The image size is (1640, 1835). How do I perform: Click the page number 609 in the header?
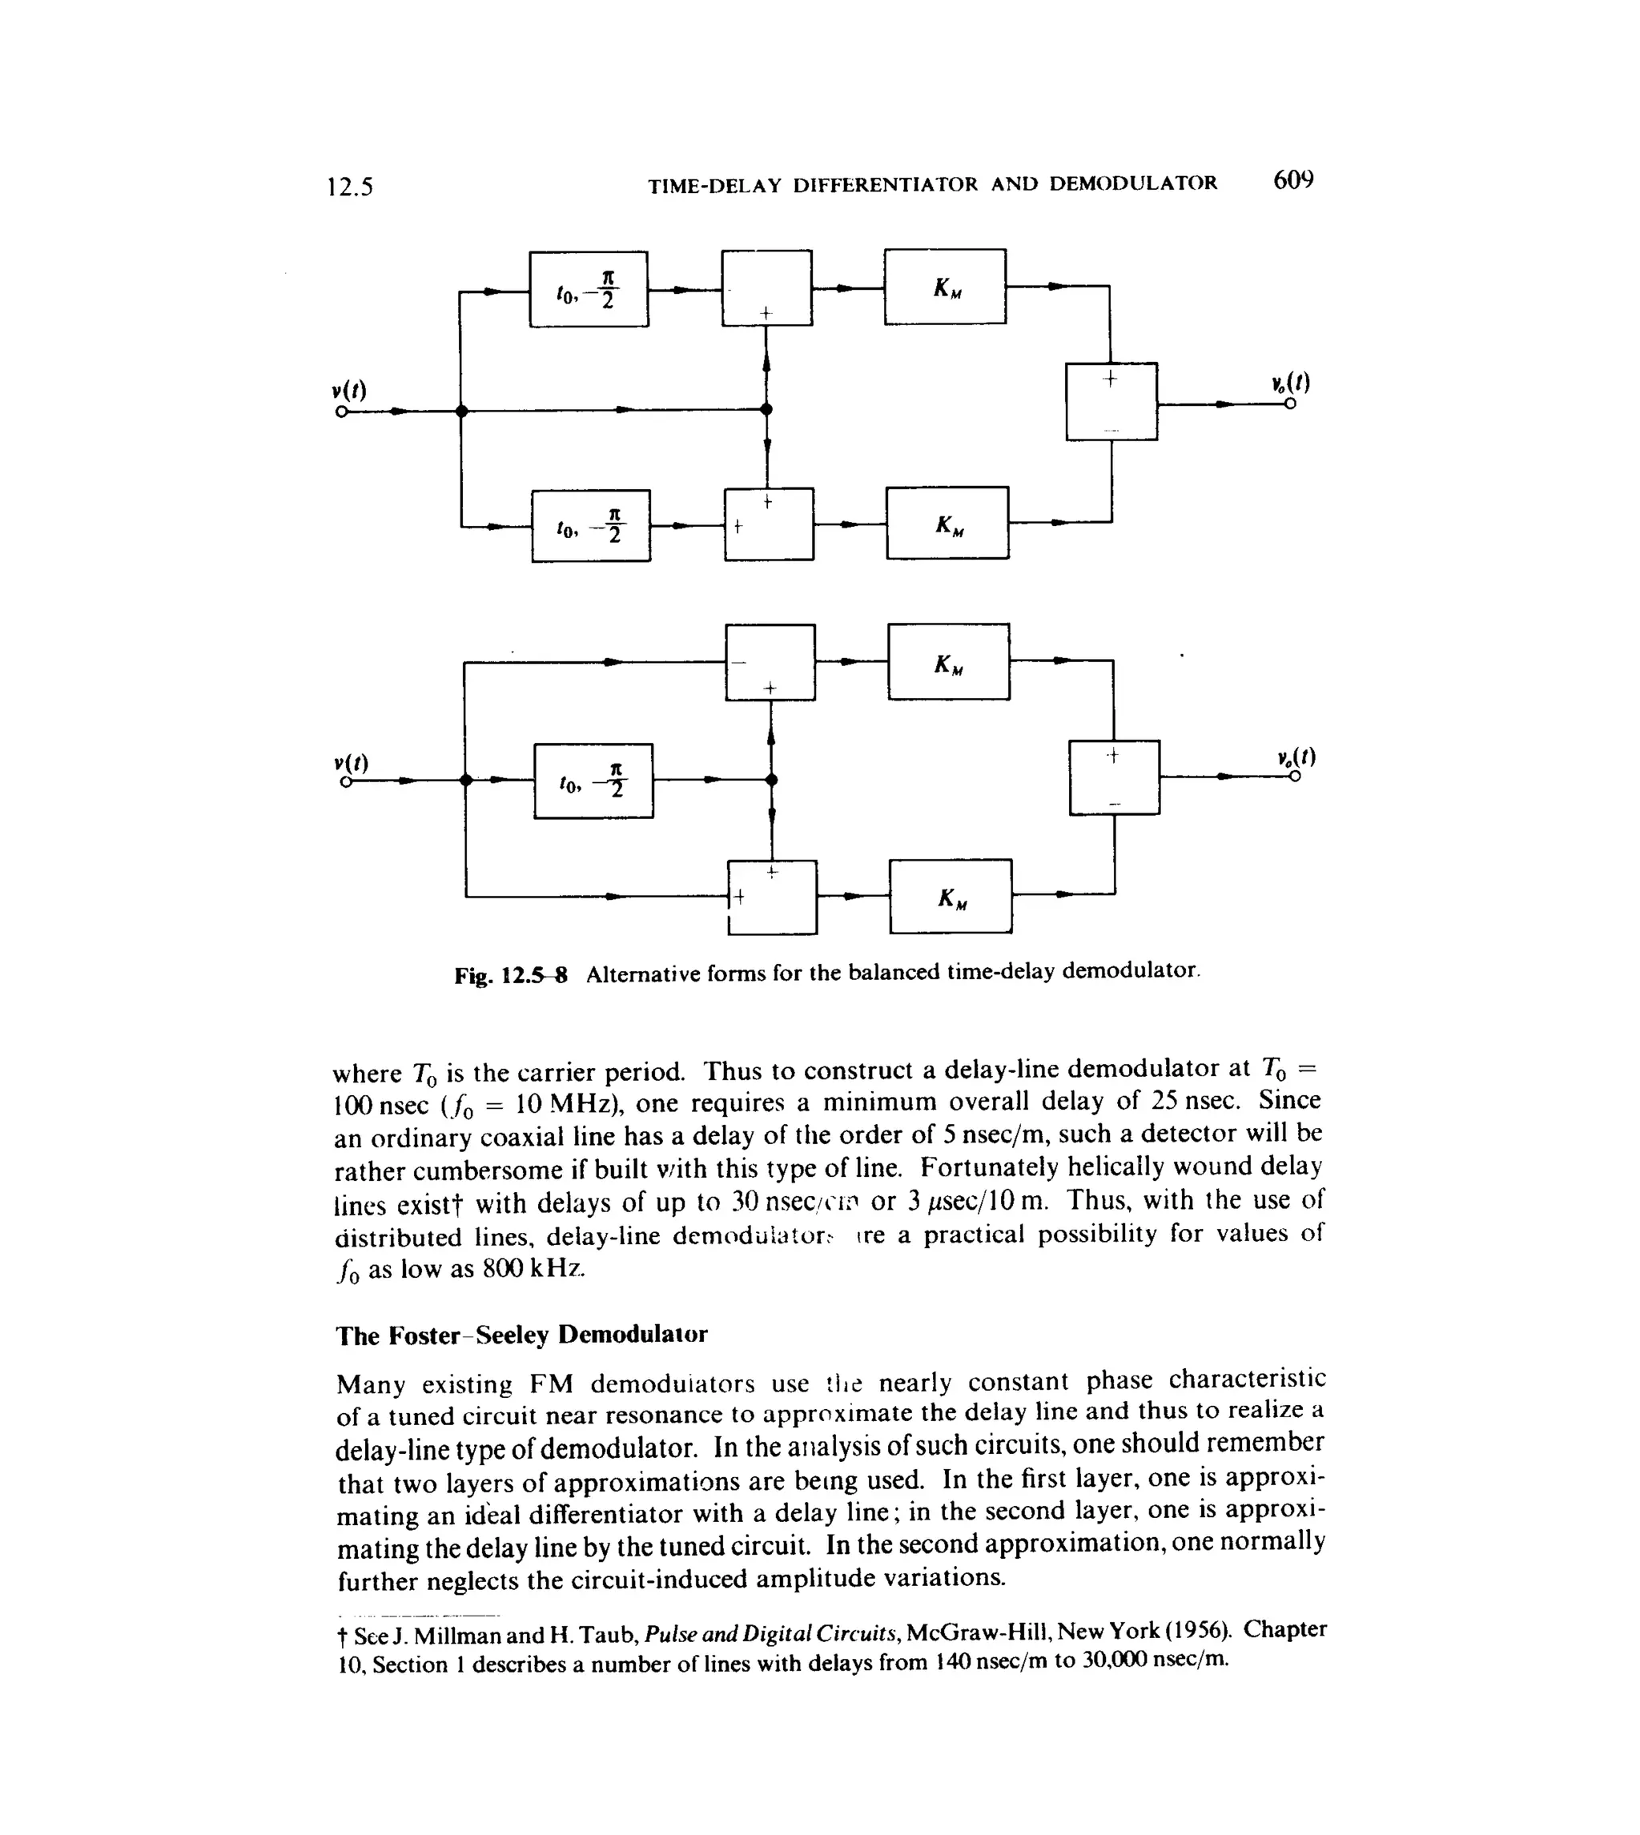tap(1293, 181)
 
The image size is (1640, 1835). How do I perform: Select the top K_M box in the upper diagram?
tap(944, 287)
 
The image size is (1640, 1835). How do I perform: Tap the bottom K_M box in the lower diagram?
tap(950, 897)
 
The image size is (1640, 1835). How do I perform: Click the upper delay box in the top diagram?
tap(589, 289)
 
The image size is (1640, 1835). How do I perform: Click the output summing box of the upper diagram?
tap(1111, 402)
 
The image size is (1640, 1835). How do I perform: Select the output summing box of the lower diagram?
tap(1114, 777)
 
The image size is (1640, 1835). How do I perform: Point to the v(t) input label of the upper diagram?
tap(348, 391)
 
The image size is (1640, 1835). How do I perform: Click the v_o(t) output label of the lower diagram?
tap(1296, 757)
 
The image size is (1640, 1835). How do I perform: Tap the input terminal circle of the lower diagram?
tap(345, 782)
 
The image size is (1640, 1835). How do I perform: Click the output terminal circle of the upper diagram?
tap(1290, 404)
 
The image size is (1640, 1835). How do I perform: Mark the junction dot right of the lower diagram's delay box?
tap(771, 780)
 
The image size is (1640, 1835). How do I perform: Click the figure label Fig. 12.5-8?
tap(511, 976)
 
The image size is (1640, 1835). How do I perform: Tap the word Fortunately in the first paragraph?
tap(988, 1167)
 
